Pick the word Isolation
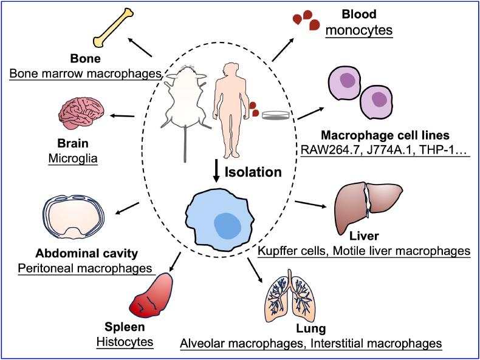[x=253, y=172]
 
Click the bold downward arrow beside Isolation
[x=217, y=169]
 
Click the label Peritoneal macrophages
[x=86, y=267]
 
